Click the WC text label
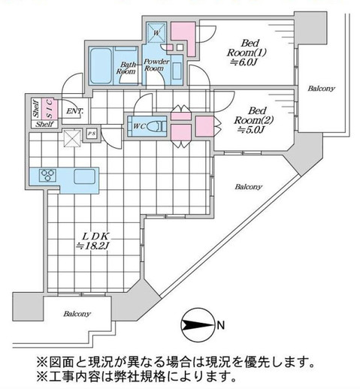click(138, 125)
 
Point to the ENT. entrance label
click(74, 112)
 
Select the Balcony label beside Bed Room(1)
click(321, 89)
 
